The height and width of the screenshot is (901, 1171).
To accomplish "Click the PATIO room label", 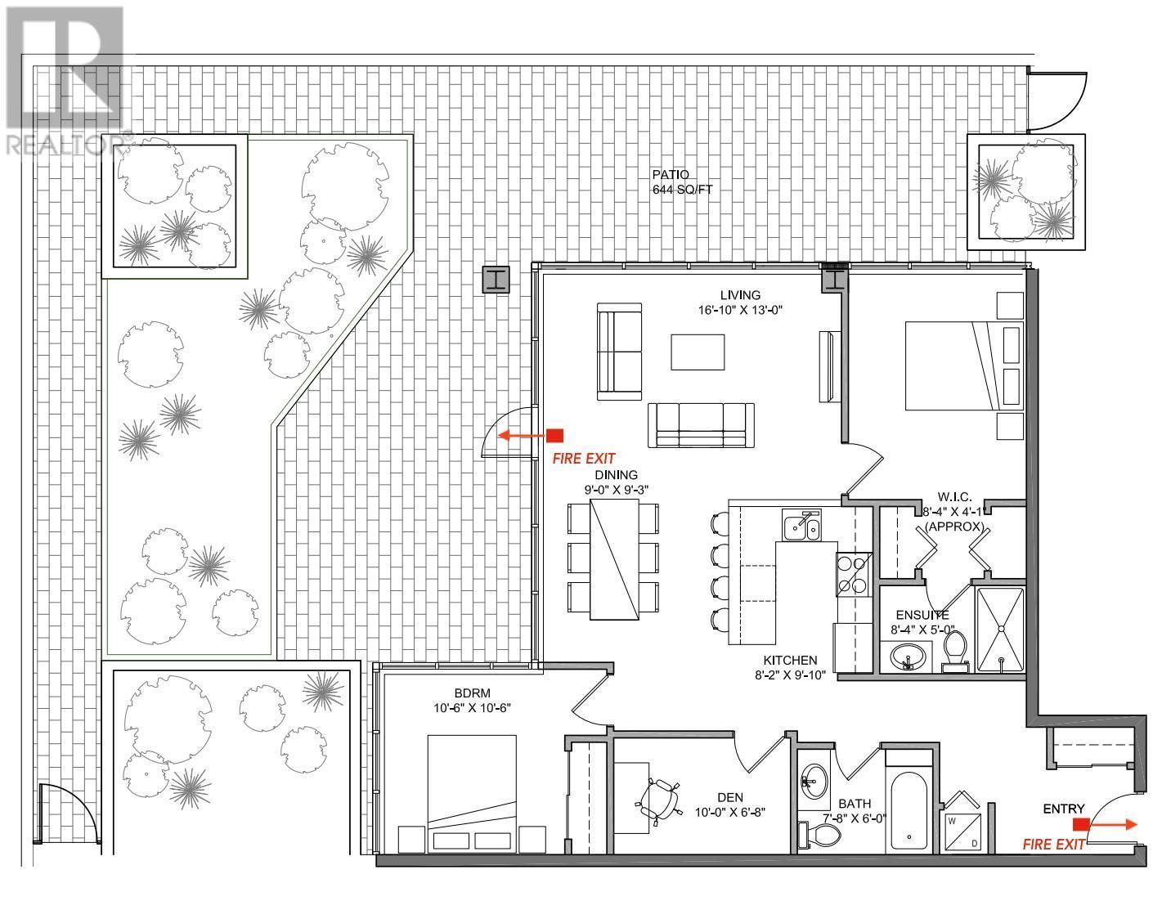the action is [671, 174].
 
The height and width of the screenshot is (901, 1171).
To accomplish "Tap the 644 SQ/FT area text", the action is [682, 190].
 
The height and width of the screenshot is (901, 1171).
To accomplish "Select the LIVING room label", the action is [740, 295].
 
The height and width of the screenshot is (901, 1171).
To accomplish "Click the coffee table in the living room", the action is [698, 352].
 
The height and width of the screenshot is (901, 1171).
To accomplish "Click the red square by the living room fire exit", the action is [555, 435].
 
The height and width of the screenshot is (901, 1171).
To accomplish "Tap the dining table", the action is [614, 559].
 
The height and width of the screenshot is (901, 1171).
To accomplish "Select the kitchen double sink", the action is [801, 525].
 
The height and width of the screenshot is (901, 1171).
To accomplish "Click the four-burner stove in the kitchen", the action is [854, 574].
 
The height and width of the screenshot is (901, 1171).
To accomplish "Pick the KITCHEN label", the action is [790, 661].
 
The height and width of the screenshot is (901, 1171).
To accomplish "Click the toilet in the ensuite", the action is [955, 651].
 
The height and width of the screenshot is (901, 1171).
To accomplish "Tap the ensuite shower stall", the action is [1000, 630].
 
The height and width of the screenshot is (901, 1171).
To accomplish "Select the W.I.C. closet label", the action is [954, 496].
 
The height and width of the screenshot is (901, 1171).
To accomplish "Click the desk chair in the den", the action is [658, 802].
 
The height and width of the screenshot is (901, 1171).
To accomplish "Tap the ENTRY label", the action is [1063, 809].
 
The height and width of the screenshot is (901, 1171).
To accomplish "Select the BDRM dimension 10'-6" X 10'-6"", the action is [472, 708].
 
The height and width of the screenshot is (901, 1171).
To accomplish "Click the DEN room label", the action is [730, 798].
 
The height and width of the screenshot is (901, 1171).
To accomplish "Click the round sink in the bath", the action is [814, 782].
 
